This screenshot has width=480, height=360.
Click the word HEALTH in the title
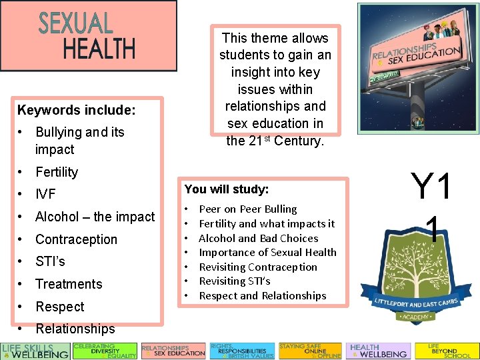[x=99, y=48]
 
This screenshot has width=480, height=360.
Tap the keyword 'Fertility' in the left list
[x=57, y=172]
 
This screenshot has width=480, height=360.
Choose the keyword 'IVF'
[x=45, y=195]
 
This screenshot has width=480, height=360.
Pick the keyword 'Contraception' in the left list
[x=76, y=239]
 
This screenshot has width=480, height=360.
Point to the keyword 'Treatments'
[x=69, y=284]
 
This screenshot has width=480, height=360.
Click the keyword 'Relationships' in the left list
[x=75, y=329]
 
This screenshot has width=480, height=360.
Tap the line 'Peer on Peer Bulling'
[x=248, y=209]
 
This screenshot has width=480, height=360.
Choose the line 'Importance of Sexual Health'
[x=267, y=253]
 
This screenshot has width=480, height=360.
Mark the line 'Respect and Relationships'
[x=263, y=296]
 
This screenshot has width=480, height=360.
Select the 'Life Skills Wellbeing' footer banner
[x=35, y=351]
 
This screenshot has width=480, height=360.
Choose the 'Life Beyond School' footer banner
[x=446, y=351]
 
